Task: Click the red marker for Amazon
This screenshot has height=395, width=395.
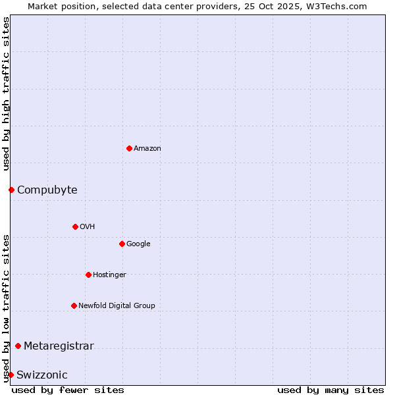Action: [129, 148]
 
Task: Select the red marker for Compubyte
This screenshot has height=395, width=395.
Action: [11, 190]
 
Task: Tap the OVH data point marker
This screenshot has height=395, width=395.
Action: [75, 226]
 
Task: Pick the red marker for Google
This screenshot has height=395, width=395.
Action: [122, 244]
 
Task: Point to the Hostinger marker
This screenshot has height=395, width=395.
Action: [88, 275]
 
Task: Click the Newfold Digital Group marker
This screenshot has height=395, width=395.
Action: [74, 305]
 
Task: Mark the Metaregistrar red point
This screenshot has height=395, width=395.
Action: [18, 346]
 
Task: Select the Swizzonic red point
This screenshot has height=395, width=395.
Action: [11, 375]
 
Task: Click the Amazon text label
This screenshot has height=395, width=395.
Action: [147, 149]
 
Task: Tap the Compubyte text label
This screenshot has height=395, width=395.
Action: [47, 190]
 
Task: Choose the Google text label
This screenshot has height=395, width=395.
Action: [138, 244]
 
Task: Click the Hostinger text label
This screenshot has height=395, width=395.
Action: [109, 275]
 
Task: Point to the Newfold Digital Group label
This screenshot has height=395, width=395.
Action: [117, 306]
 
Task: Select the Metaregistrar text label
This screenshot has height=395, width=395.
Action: [59, 346]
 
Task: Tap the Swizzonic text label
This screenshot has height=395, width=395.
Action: [42, 375]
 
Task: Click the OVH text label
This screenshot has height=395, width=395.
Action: [88, 227]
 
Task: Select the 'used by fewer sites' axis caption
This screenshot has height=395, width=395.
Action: [68, 390]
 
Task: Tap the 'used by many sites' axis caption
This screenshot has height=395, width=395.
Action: [330, 390]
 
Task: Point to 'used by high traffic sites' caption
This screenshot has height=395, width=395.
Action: [6, 93]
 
